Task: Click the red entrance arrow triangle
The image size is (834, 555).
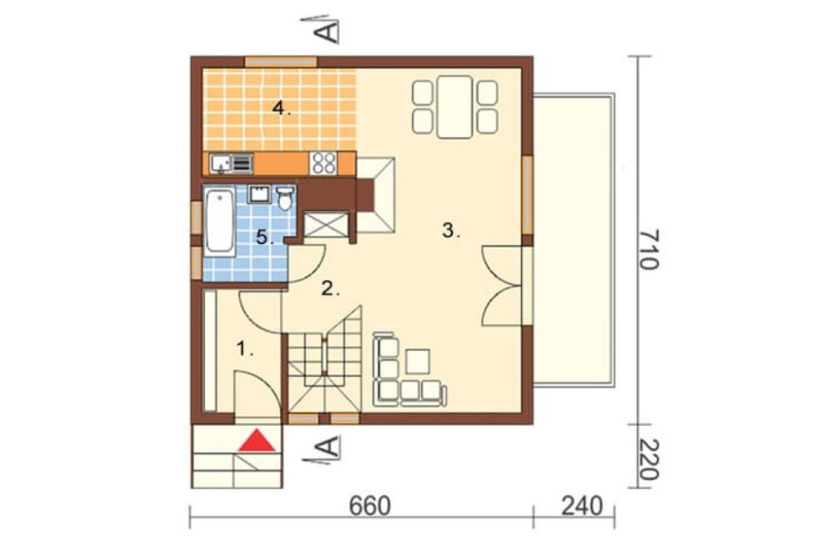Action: tap(257, 441)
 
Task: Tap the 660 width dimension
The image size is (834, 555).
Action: tap(369, 506)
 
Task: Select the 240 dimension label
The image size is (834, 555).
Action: tap(582, 506)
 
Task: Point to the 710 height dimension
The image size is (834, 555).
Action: tap(648, 249)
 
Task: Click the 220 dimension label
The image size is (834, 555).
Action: tap(648, 459)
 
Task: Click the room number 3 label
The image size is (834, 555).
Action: tap(451, 231)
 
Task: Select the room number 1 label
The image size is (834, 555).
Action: tap(244, 349)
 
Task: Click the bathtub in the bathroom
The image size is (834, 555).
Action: tap(219, 221)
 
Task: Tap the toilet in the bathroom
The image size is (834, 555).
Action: tap(285, 197)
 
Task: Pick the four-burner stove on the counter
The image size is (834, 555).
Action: tap(324, 163)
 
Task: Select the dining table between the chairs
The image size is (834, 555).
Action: tap(455, 107)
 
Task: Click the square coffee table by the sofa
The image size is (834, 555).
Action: tap(418, 362)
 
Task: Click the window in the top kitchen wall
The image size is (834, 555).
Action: tap(281, 62)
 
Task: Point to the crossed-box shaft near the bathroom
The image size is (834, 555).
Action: tap(326, 224)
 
